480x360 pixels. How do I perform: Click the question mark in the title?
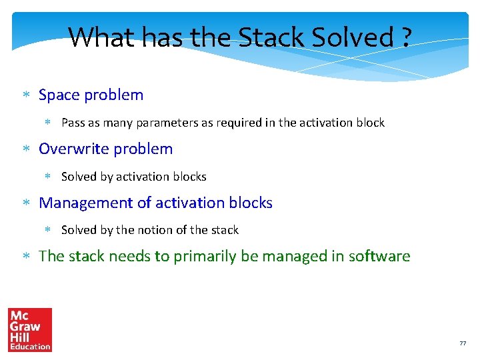[406, 37]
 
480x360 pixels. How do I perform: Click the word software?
[379, 257]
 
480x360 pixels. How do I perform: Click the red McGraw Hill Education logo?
[29, 329]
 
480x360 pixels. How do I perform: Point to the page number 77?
[463, 343]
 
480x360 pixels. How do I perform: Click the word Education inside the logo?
[29, 347]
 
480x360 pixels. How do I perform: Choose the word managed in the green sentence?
[288, 257]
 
